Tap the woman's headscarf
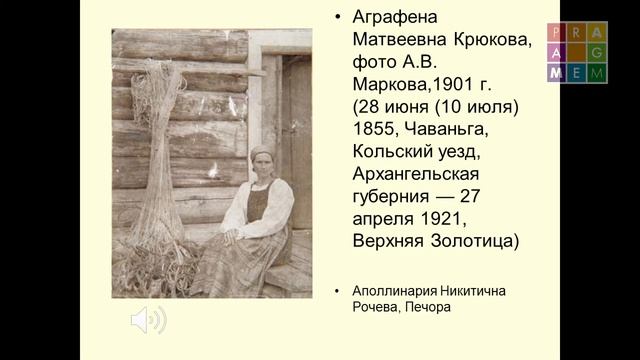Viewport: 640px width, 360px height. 262,153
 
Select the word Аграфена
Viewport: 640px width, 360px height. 397,18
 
